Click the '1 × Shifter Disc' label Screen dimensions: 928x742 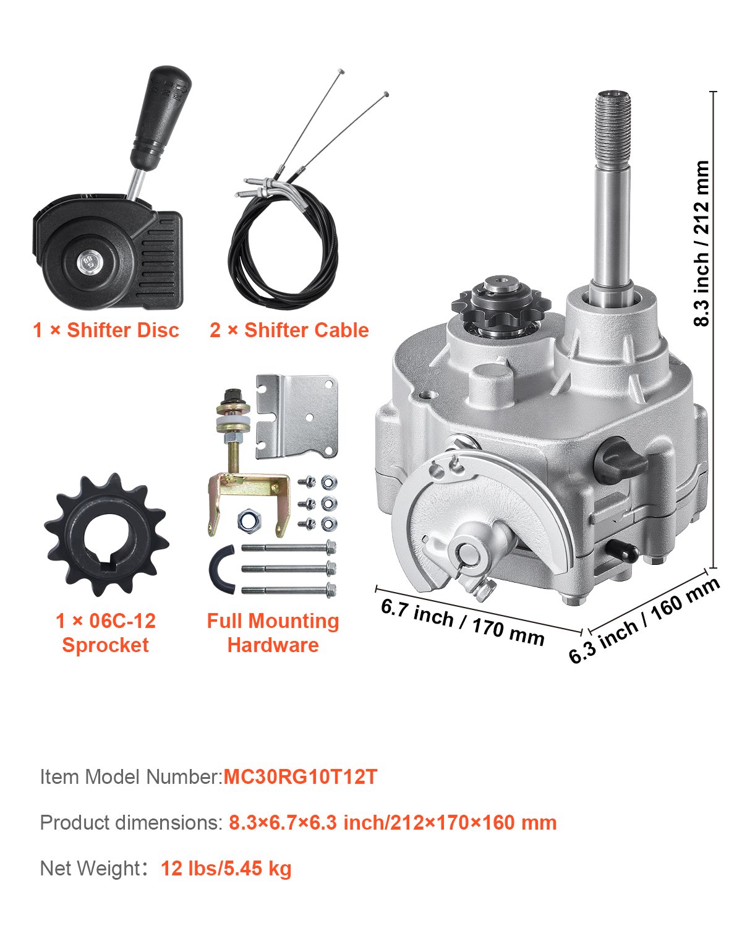pyautogui.click(x=106, y=330)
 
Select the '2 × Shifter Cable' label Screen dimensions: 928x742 pyautogui.click(x=289, y=330)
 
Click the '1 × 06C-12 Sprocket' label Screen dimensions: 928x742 pyautogui.click(x=106, y=632)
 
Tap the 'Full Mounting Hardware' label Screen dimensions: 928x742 pyautogui.click(x=273, y=632)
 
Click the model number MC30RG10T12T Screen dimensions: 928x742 pyautogui.click(x=300, y=777)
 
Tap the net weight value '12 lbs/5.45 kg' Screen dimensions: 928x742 pyautogui.click(x=226, y=869)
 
